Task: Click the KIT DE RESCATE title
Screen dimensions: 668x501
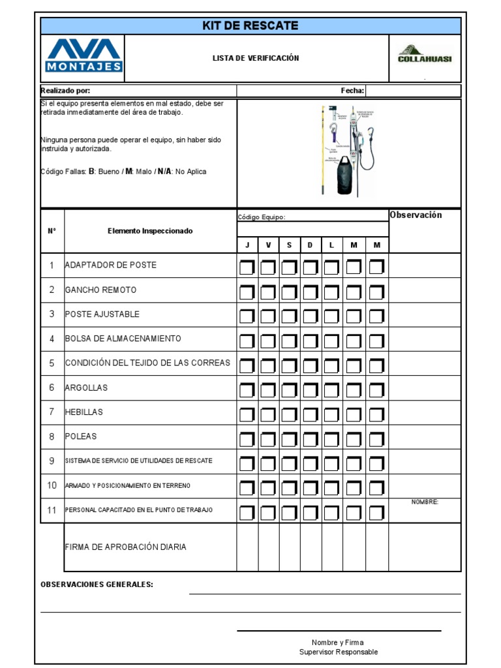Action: (250, 26)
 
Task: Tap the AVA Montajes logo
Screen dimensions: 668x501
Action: (83, 55)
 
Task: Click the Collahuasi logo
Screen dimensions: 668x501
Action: (425, 55)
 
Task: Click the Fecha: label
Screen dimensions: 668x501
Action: (352, 91)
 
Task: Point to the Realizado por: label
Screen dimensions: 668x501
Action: (66, 91)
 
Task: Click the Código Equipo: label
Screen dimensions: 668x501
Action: (262, 217)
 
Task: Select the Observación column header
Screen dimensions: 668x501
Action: (416, 215)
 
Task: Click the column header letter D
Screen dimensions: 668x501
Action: (311, 245)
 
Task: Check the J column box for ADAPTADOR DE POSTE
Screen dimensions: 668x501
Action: (247, 267)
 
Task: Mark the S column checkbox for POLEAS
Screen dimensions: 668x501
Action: (289, 438)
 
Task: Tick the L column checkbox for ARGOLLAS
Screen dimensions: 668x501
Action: (331, 389)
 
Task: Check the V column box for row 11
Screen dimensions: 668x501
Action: (267, 511)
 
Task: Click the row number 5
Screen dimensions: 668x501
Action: (52, 363)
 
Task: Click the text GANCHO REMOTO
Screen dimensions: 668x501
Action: (101, 290)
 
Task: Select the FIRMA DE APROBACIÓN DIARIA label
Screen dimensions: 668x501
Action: (125, 547)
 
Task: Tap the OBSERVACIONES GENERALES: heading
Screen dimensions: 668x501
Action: (97, 584)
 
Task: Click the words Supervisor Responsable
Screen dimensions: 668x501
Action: (338, 652)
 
